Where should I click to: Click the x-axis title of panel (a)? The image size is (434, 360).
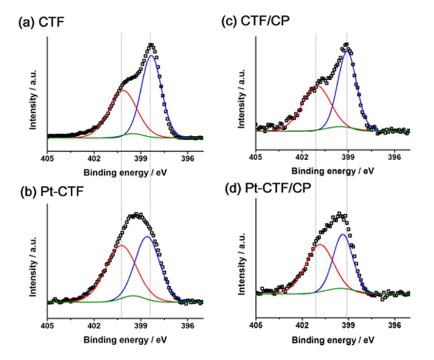[x=125, y=172]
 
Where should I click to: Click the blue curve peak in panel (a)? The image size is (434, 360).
[x=151, y=55]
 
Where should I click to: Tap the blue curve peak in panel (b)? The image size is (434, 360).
[x=147, y=236]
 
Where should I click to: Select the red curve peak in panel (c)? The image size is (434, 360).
[x=316, y=86]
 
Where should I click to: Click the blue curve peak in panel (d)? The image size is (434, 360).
[x=344, y=234]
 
